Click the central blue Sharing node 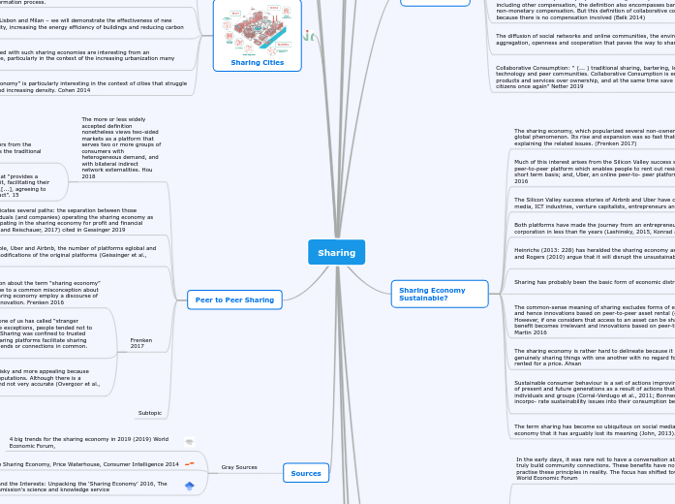[x=336, y=252]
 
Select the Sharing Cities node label [x=257, y=62]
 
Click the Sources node [x=305, y=473]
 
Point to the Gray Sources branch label [x=238, y=467]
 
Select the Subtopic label [x=149, y=413]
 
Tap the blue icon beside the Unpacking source [x=190, y=486]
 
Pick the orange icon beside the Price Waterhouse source [x=190, y=463]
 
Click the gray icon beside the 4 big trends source [x=190, y=442]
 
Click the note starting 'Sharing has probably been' [x=593, y=281]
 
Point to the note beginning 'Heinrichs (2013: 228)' [x=593, y=253]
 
